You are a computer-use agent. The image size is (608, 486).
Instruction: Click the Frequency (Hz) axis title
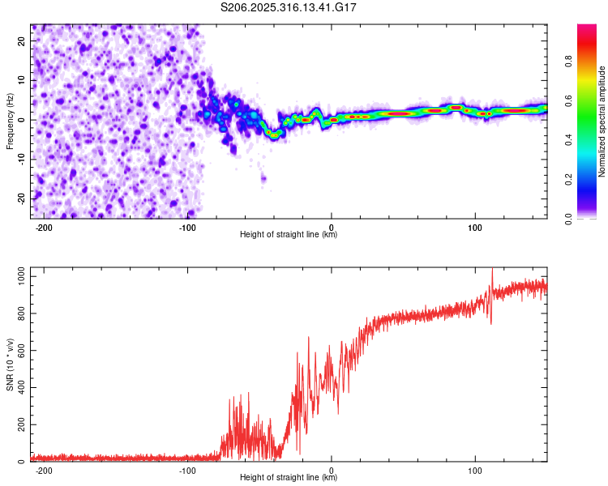coord(10,121)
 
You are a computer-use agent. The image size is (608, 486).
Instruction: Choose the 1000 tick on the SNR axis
coord(18,277)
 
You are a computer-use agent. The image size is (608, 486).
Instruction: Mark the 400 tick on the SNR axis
coord(19,388)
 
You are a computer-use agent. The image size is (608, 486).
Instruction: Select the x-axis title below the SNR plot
coord(289,479)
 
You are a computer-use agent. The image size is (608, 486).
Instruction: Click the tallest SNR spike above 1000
coord(491,271)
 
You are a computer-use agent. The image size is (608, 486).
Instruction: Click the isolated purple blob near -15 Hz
coord(263,178)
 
